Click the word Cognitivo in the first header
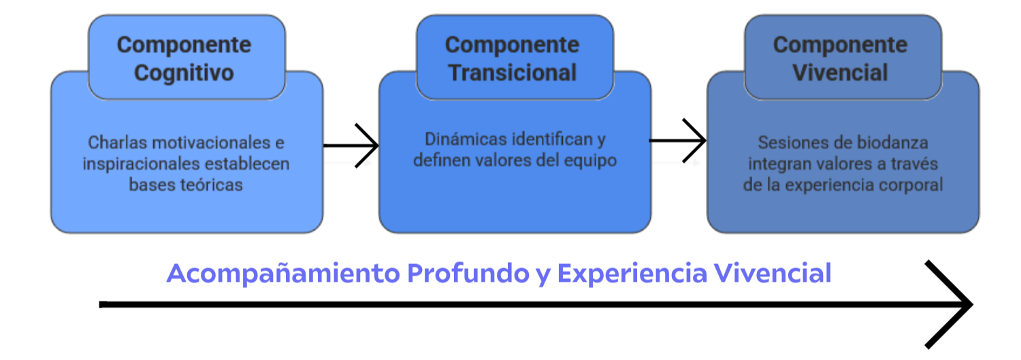click(x=184, y=73)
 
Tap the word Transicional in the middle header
click(x=513, y=72)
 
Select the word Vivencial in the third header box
click(x=840, y=72)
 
